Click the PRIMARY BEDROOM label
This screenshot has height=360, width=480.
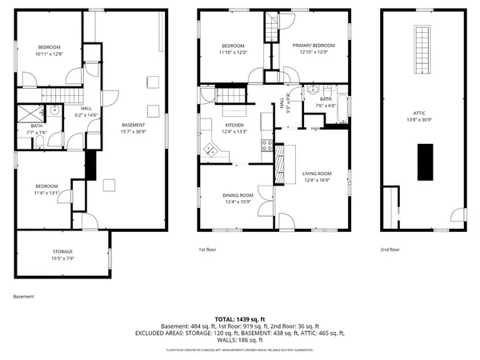tap(313, 46)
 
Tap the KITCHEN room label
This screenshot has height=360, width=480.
tap(234, 126)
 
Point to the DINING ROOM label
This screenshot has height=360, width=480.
tap(238, 195)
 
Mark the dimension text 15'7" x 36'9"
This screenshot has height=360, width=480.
tap(134, 131)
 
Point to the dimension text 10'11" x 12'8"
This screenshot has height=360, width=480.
tap(49, 54)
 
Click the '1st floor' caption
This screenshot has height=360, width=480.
tap(208, 250)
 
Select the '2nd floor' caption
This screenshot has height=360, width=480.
tap(390, 250)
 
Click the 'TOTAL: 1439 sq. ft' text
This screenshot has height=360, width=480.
tap(240, 318)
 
